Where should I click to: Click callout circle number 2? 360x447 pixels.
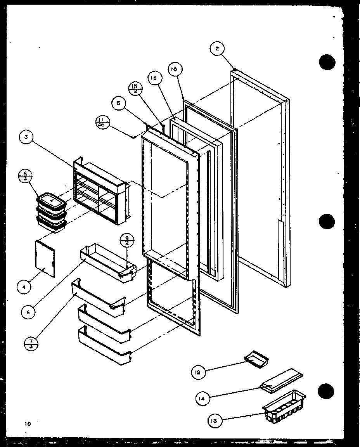tap(217, 49)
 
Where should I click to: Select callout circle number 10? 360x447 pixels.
tap(173, 70)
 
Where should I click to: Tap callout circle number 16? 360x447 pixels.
tap(154, 78)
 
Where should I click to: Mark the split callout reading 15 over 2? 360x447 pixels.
tap(134, 88)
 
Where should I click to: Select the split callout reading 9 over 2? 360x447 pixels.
tap(126, 241)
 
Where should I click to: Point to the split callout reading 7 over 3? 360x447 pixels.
tap(30, 343)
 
